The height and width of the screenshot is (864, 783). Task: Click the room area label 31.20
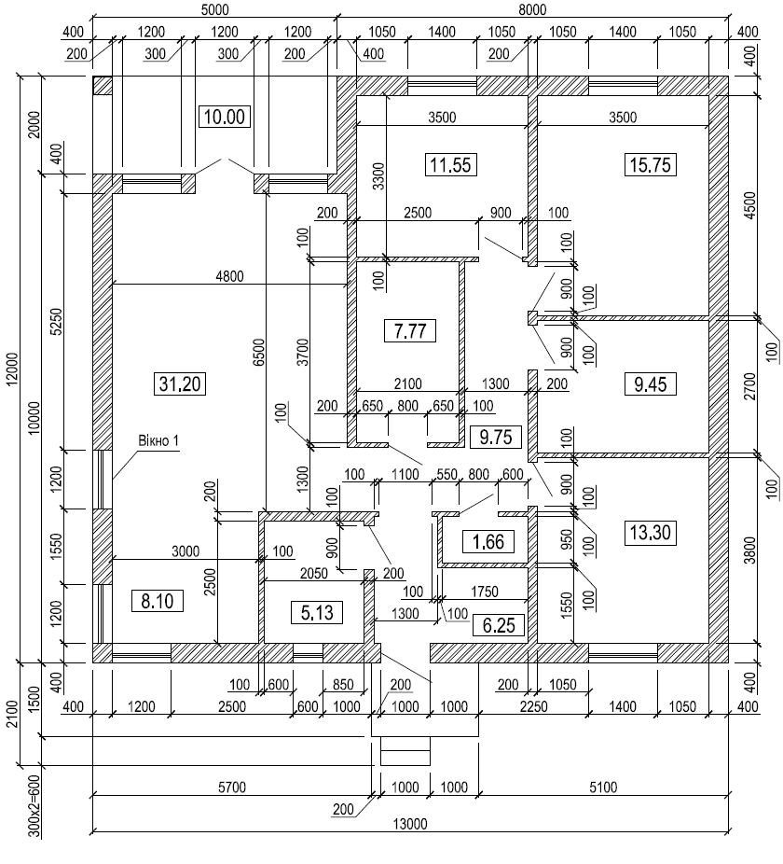[x=181, y=383]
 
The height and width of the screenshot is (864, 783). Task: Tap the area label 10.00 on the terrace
[x=224, y=117]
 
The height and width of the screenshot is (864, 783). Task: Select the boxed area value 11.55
[x=451, y=165]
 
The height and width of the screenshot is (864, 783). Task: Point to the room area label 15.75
[x=651, y=165]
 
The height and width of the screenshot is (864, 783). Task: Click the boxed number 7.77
[x=410, y=330]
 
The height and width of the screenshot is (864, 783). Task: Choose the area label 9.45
[x=651, y=383]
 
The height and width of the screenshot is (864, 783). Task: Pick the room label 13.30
[x=651, y=532]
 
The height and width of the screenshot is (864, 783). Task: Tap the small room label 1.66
[x=488, y=542]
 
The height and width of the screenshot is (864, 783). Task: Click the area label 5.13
[x=317, y=612]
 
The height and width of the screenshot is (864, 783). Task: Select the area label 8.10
[x=157, y=601]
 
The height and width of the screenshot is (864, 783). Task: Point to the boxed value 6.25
[x=499, y=625]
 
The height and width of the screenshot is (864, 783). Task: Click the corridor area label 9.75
[x=496, y=437]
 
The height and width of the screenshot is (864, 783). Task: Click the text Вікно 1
[x=158, y=440]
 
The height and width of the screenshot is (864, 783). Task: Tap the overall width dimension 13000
[x=410, y=824]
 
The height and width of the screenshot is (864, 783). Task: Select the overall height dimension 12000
[x=13, y=368]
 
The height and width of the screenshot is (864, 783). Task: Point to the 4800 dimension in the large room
[x=229, y=276]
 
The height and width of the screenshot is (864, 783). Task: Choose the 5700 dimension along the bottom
[x=232, y=787]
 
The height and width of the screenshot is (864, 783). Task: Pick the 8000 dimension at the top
[x=532, y=9]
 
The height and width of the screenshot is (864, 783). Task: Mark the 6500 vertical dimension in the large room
[x=259, y=352]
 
